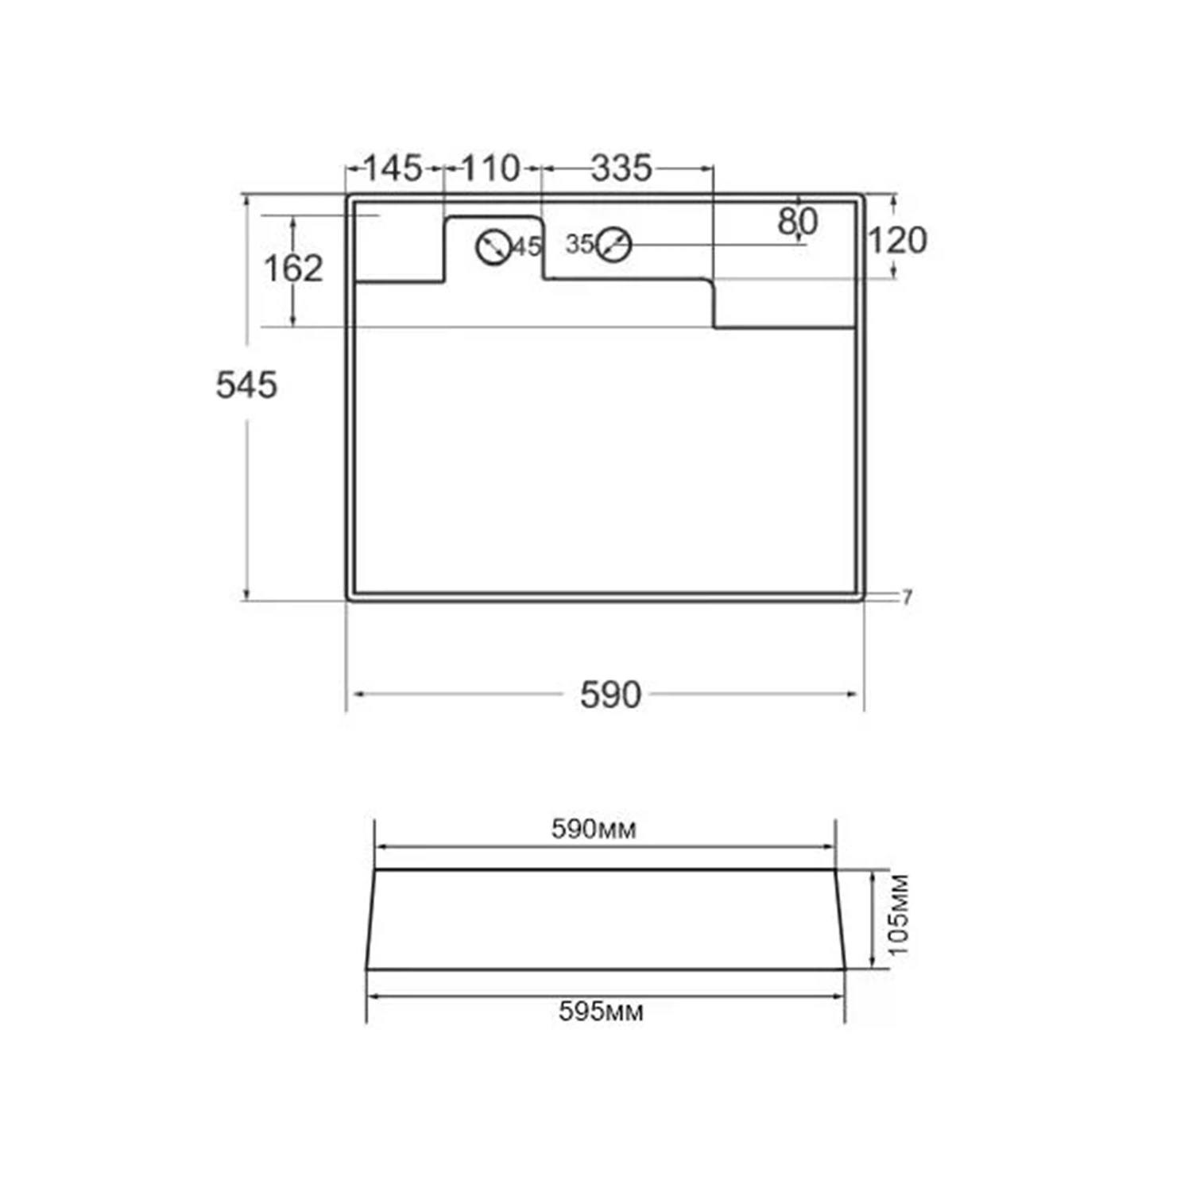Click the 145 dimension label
click(x=393, y=168)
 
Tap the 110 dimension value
click(x=490, y=168)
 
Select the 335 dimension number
click(x=621, y=168)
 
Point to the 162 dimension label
click(x=293, y=269)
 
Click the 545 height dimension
click(x=246, y=385)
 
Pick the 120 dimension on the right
click(x=897, y=241)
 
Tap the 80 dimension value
click(x=798, y=222)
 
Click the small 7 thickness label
click(x=908, y=597)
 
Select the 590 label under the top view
click(x=610, y=695)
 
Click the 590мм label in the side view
click(x=594, y=830)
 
